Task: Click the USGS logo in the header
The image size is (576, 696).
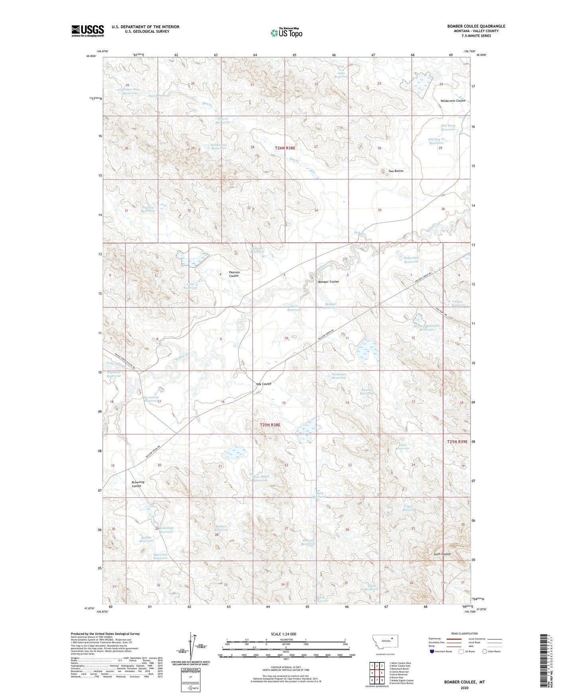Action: [x=87, y=31]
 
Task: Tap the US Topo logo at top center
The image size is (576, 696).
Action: [x=286, y=33]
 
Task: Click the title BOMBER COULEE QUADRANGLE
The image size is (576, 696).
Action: [x=476, y=26]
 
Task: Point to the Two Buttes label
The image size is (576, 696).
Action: [x=396, y=171]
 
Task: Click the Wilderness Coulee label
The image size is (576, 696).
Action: [x=453, y=101]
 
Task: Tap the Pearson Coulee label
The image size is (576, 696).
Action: [x=234, y=274]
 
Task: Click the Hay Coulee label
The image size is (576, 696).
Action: [x=263, y=384]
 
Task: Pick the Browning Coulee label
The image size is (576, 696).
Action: [x=138, y=484]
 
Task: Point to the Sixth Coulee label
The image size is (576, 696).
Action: [x=442, y=554]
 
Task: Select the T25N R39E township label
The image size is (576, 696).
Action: [x=457, y=442]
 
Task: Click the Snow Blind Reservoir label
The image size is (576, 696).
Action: [x=261, y=478]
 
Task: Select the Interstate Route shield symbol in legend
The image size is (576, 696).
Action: [x=432, y=651]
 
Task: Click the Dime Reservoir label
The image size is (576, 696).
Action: [x=403, y=447]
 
